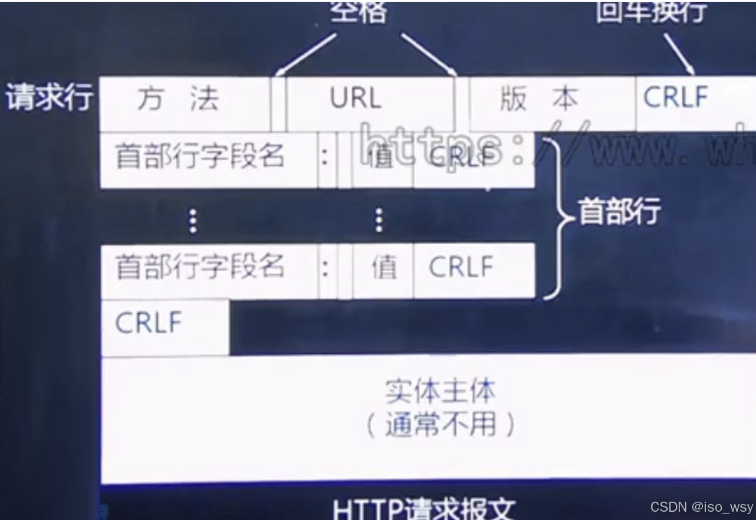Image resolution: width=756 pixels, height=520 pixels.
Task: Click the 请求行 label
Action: pos(50,97)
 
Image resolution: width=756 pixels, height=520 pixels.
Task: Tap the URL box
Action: pos(356,99)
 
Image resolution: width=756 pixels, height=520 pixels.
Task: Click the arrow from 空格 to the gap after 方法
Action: pos(307,54)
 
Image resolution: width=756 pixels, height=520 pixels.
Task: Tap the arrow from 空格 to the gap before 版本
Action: pos(429,54)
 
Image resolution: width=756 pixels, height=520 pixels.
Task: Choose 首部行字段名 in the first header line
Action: pos(200,158)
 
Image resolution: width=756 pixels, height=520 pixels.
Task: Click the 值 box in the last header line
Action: pos(383,268)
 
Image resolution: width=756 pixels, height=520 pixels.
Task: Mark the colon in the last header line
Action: pos(325,268)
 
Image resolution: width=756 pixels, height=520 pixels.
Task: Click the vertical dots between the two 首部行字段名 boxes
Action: pos(193,221)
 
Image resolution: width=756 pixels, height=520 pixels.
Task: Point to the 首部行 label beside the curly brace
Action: pos(619,211)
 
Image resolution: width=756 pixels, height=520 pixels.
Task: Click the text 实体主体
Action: pos(440,390)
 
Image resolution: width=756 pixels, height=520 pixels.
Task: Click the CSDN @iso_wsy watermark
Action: pos(702,507)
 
